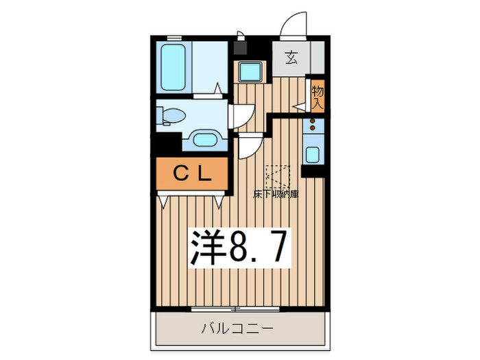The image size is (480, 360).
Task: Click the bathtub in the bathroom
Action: [173, 67]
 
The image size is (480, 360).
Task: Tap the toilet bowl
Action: [171, 116]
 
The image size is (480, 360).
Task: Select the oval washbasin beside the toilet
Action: [205, 139]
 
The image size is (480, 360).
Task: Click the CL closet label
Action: [192, 173]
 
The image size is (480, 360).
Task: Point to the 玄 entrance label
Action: [291, 58]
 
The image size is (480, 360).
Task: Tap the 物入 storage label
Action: [317, 97]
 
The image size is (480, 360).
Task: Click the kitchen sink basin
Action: [313, 154]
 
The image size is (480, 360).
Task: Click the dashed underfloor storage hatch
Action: [278, 177]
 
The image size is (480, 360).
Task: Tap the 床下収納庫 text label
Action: [276, 194]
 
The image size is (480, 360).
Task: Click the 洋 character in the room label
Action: [207, 248]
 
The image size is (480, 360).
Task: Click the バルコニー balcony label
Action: [237, 328]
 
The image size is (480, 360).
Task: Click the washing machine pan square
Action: [250, 72]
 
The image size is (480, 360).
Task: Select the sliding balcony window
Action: [235, 309]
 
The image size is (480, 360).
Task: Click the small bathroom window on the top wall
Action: [174, 38]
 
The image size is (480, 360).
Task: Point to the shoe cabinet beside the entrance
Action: [317, 58]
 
